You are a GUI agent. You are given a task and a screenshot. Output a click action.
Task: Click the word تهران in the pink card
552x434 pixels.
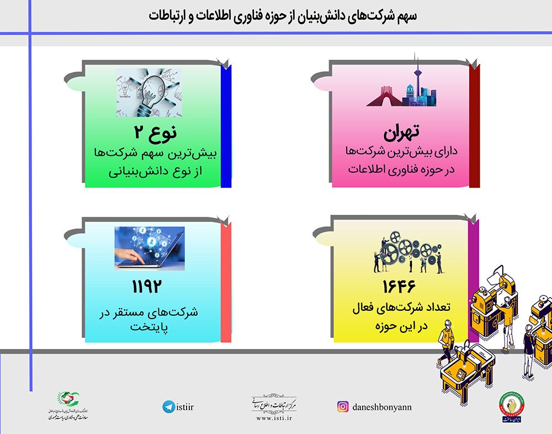coord(401,132)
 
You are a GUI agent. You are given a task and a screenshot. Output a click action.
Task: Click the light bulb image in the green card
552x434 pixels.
coord(149,93)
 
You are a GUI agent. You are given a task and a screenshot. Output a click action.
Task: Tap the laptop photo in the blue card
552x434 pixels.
coord(149,248)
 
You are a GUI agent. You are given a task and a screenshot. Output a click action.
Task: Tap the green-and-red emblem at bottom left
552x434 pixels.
coord(68,400)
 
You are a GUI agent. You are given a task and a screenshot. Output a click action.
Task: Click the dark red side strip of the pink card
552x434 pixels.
coord(474,126)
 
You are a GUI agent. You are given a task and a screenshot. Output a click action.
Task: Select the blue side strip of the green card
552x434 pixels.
coord(225,126)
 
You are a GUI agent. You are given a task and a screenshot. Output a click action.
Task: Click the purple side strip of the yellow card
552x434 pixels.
coord(474,282)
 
